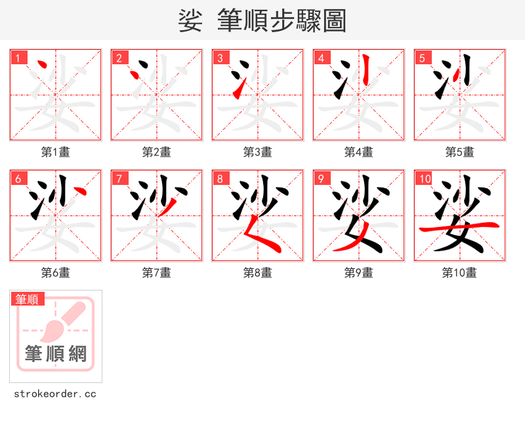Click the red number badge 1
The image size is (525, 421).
coord(18,58)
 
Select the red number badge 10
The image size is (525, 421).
coord(425,178)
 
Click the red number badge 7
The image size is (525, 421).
coord(119,178)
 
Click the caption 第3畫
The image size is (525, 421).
coord(257,152)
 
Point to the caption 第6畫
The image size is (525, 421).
coord(55,273)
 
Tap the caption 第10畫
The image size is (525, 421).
coord(459,273)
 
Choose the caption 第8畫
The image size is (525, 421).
coord(257,273)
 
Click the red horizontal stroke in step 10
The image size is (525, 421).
coord(459,227)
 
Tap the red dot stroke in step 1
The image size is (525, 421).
coord(43,65)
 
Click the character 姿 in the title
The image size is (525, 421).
coord(190,21)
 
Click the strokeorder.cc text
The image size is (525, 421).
coord(55,394)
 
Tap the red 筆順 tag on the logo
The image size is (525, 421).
coord(28,299)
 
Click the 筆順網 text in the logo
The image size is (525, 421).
coord(56,354)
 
